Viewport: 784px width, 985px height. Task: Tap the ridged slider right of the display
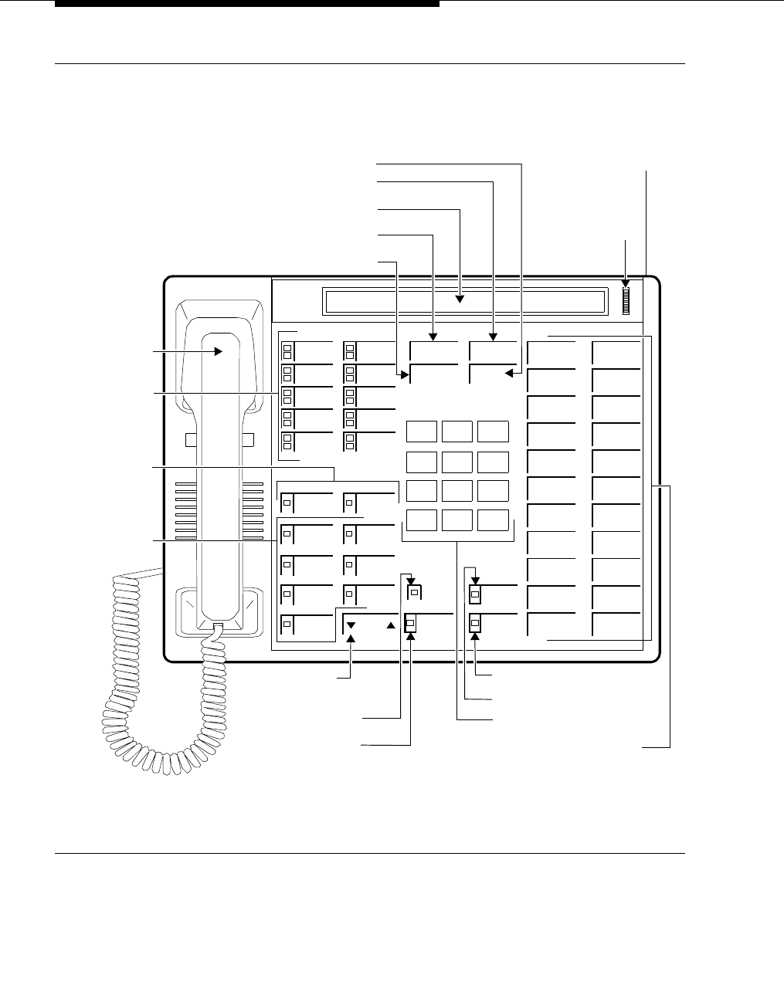[x=626, y=300]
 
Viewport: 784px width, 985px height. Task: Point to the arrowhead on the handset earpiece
[x=219, y=350]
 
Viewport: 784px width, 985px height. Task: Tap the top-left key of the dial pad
[x=422, y=432]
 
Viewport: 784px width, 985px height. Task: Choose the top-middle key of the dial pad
[x=457, y=432]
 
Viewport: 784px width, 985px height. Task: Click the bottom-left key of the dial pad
[x=422, y=520]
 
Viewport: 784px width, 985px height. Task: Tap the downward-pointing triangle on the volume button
[x=351, y=625]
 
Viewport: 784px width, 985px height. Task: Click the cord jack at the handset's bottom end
[x=219, y=628]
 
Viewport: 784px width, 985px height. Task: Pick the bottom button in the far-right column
[x=616, y=624]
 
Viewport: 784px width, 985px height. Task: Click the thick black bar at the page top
[x=247, y=4]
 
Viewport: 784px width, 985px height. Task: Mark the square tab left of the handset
[x=192, y=439]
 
